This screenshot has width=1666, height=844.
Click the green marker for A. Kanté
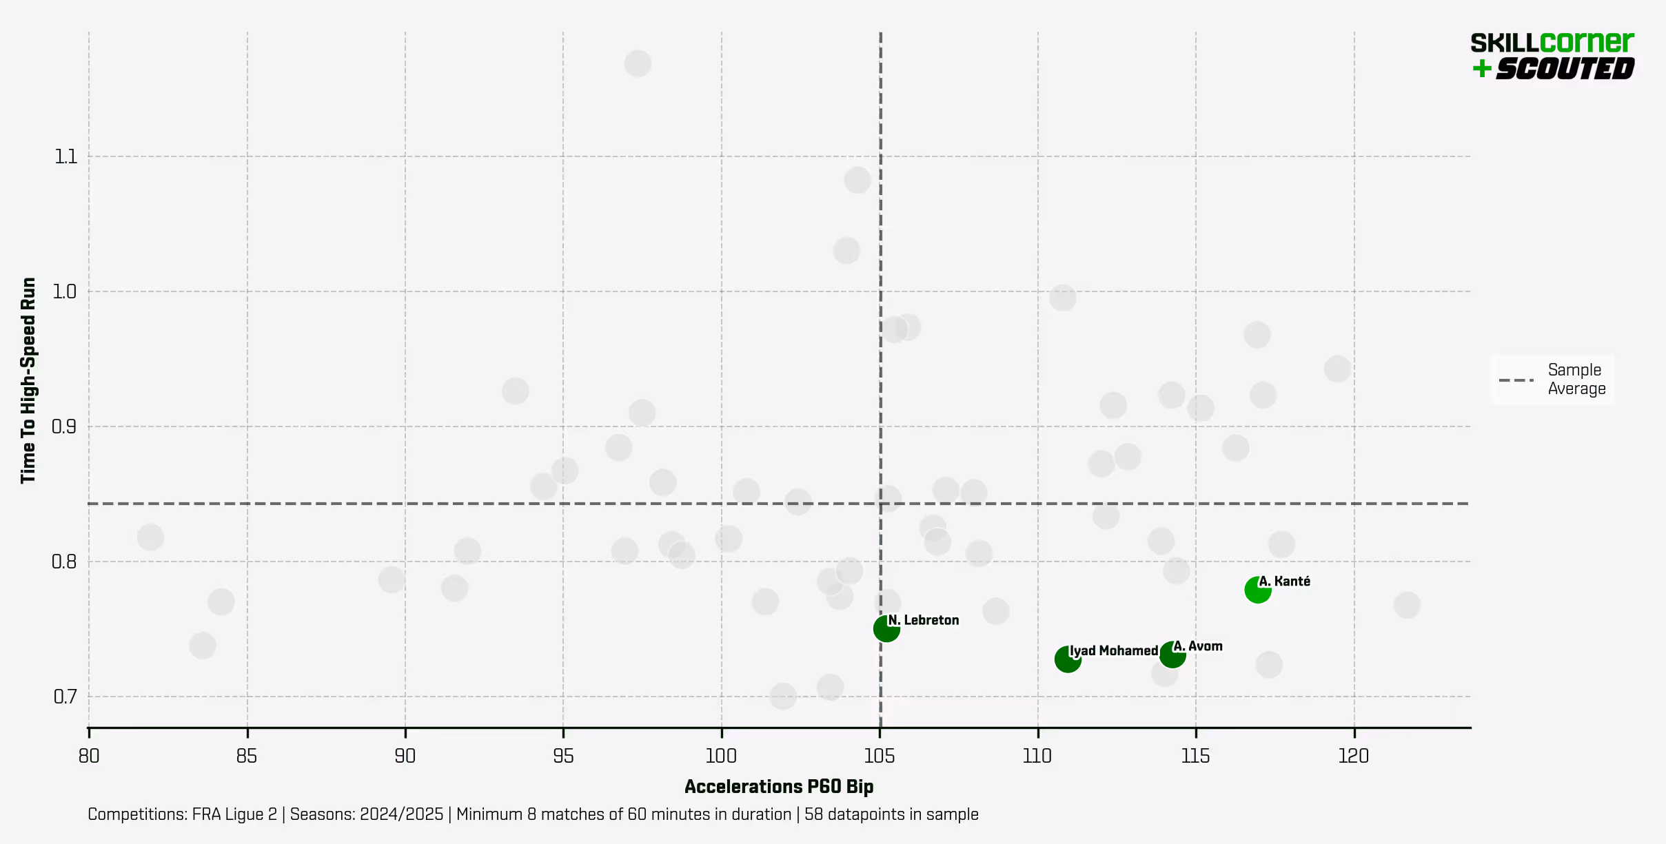(x=1257, y=590)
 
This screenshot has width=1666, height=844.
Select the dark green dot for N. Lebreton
(x=886, y=628)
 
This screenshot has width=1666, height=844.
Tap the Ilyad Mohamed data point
(x=1067, y=659)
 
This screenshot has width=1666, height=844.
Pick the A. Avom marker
(x=1172, y=654)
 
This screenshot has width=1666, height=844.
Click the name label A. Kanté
(x=1284, y=581)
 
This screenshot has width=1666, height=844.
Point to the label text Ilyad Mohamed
(x=1113, y=650)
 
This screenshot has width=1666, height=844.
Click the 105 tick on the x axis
(x=880, y=756)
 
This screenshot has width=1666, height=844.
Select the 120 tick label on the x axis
(x=1353, y=756)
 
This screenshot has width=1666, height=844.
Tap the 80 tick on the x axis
(x=89, y=756)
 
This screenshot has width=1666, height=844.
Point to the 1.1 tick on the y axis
(x=65, y=156)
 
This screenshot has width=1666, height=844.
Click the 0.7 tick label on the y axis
(x=65, y=697)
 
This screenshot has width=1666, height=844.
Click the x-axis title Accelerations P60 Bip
(x=778, y=787)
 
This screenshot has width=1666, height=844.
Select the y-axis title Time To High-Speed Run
(x=28, y=380)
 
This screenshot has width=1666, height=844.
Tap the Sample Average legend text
(x=1576, y=379)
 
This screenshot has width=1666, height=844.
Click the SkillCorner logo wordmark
(x=1552, y=43)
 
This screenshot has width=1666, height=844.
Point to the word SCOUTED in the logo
(x=1565, y=69)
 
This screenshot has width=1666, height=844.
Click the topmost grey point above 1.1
(x=638, y=63)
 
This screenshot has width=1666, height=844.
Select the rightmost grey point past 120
(x=1406, y=605)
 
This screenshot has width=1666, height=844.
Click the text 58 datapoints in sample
(x=891, y=814)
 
